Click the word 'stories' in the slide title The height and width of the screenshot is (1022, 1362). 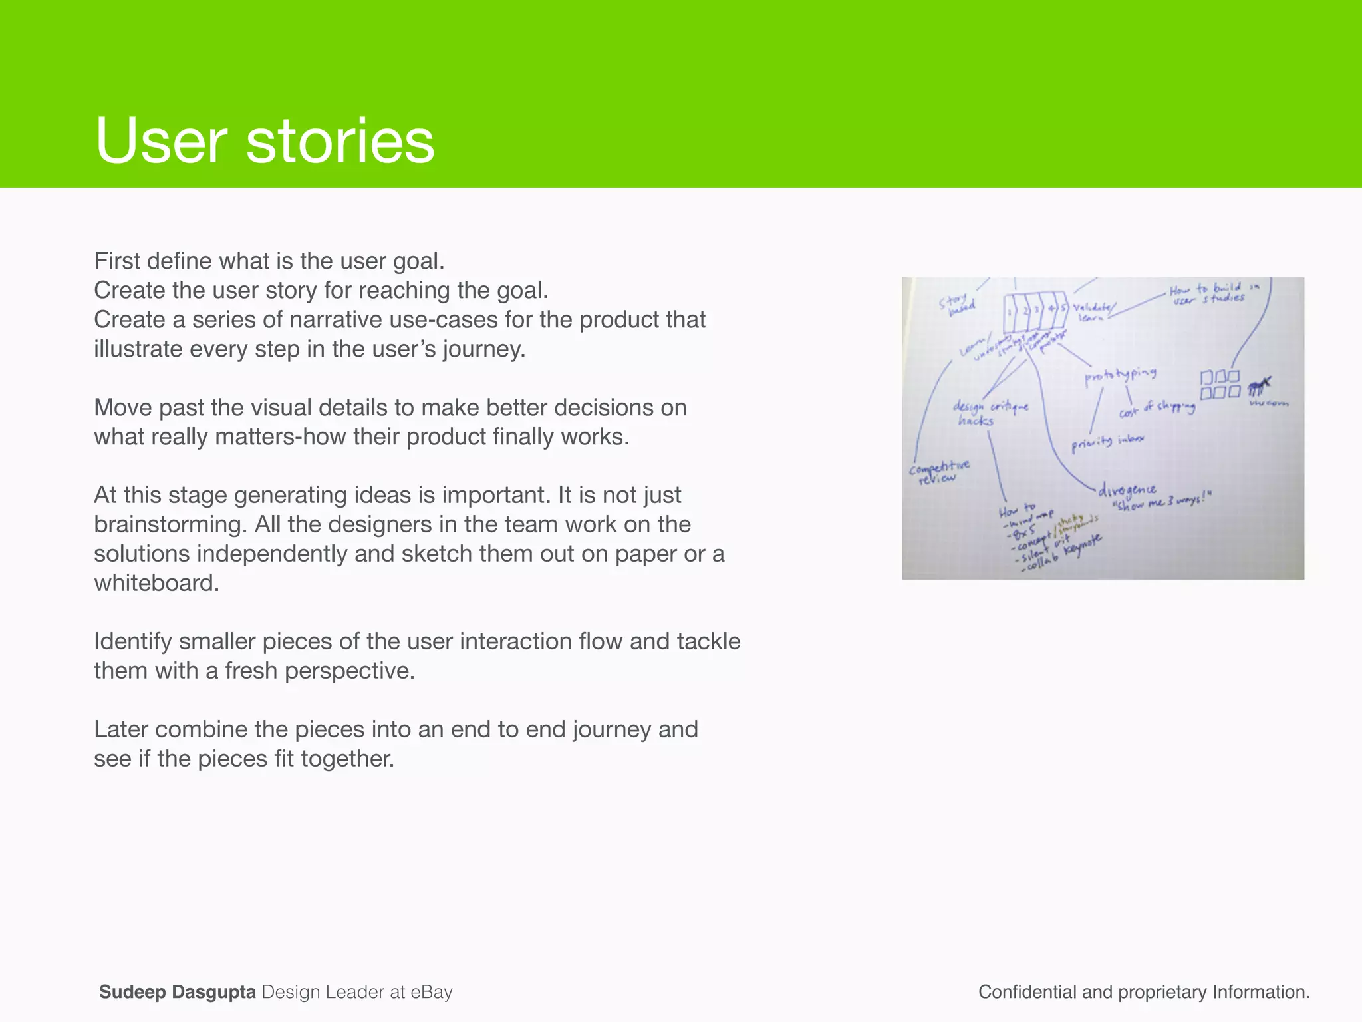[x=340, y=141]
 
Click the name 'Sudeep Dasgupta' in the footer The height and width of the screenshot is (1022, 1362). [x=177, y=992]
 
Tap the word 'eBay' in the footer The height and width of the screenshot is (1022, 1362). [x=432, y=992]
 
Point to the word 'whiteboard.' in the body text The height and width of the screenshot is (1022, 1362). [x=156, y=583]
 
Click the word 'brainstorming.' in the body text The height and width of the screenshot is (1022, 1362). [x=171, y=524]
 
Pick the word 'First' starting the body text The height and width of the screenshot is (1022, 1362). [x=116, y=261]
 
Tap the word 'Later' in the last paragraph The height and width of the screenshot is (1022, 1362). [x=121, y=729]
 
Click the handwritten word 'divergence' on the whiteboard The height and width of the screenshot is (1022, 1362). [x=1127, y=490]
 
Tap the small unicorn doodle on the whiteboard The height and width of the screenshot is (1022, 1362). [x=1258, y=386]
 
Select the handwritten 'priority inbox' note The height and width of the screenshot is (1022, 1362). [x=1107, y=441]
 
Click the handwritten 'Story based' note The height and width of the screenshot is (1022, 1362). [x=956, y=304]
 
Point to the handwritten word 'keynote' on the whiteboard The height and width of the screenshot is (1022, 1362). [x=1083, y=545]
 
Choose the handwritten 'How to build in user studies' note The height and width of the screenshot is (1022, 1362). [x=1212, y=293]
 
